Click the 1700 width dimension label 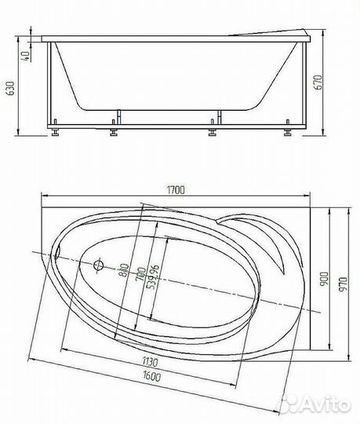[176, 190]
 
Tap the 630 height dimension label [11, 88]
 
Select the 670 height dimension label [318, 82]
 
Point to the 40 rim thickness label [27, 56]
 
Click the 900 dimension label [325, 279]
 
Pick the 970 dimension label [343, 284]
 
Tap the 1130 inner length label [150, 362]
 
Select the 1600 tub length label [151, 375]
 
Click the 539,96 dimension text [153, 276]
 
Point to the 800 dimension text [124, 270]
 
